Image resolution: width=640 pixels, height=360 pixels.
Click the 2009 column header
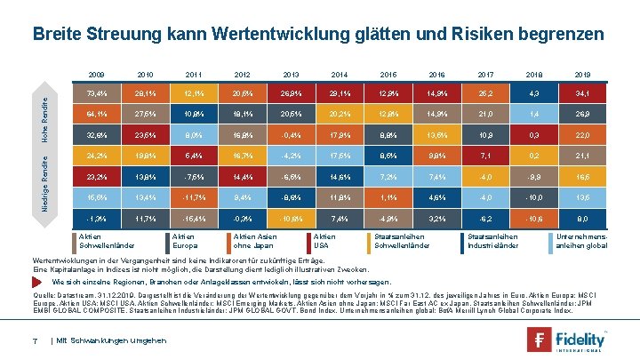click(95, 72)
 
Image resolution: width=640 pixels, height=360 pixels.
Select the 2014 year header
click(337, 72)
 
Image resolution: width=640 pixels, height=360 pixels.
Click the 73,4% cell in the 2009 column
click(95, 92)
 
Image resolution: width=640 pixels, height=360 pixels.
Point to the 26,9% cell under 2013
click(289, 92)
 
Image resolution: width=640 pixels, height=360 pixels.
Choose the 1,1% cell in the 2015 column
click(385, 197)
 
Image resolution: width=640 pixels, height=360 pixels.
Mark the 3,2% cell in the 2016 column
click(434, 218)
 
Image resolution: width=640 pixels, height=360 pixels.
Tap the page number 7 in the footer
click(34, 341)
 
